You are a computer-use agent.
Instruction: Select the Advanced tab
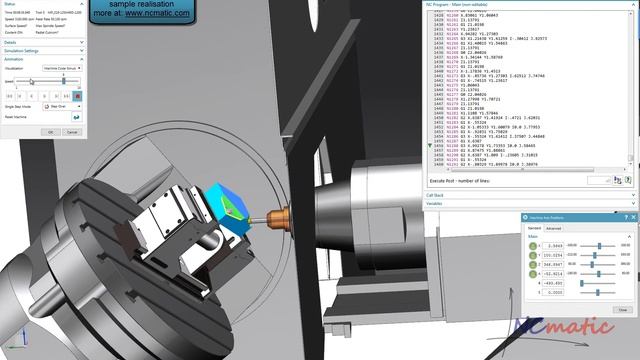coord(553,229)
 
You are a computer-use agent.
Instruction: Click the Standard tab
coord(534,229)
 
